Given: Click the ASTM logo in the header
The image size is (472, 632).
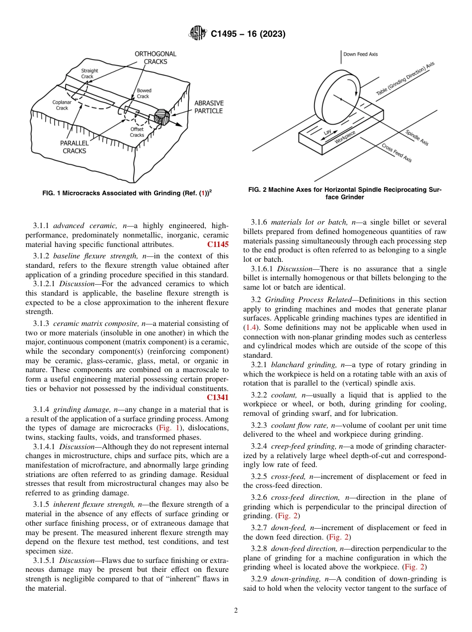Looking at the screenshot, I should [x=197, y=34].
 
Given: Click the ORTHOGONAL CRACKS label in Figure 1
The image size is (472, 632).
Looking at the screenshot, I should [x=155, y=58].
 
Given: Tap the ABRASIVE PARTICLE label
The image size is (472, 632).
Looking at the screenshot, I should [x=209, y=107].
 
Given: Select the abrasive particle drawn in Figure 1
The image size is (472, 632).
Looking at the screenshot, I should [x=162, y=117].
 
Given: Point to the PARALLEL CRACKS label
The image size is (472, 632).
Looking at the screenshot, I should [x=74, y=147].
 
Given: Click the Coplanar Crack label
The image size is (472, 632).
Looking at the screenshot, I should [x=62, y=105].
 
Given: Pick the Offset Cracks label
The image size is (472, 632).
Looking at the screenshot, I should [x=137, y=132].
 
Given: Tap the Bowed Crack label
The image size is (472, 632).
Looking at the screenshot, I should [x=144, y=93].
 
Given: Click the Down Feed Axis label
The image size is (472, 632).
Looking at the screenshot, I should [x=361, y=54].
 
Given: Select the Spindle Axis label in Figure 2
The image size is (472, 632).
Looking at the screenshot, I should [x=417, y=138].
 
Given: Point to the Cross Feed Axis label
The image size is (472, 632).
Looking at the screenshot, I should [x=396, y=153].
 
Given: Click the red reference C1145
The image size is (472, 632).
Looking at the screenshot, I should [x=218, y=244].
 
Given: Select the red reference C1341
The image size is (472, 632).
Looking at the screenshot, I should [x=218, y=397].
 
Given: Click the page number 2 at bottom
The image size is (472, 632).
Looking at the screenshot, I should [x=236, y=611].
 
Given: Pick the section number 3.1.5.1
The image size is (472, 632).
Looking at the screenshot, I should [x=45, y=560].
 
